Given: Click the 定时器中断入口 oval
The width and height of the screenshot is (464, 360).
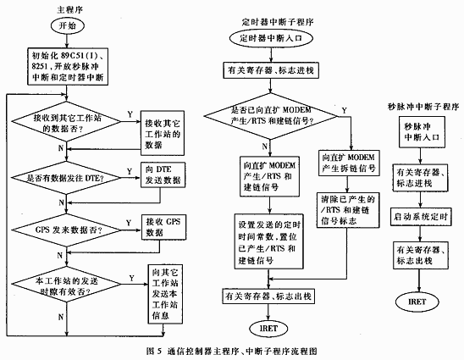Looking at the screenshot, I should tap(273, 38).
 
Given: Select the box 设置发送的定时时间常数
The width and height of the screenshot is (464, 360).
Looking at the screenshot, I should tap(272, 246).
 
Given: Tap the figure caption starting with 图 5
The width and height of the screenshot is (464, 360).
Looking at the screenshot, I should tap(232, 349).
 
